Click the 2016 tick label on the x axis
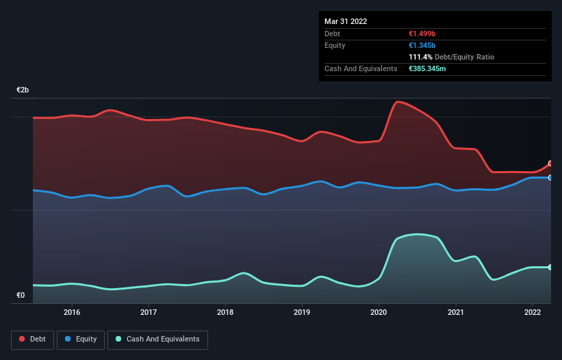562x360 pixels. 71,312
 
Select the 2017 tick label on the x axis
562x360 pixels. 148,312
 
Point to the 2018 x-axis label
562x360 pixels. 225,312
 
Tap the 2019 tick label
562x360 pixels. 302,312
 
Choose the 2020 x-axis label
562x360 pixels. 379,312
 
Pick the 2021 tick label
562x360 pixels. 456,312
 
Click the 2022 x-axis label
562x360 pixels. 533,312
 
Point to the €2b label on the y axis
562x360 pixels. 23,90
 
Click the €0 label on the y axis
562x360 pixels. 21,296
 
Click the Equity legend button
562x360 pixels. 81,339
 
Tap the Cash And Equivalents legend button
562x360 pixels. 157,339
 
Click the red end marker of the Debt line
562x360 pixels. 550,164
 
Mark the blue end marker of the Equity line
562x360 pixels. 550,177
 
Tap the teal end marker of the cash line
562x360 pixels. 550,267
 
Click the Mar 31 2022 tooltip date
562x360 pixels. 346,21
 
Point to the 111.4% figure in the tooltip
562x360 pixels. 420,57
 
